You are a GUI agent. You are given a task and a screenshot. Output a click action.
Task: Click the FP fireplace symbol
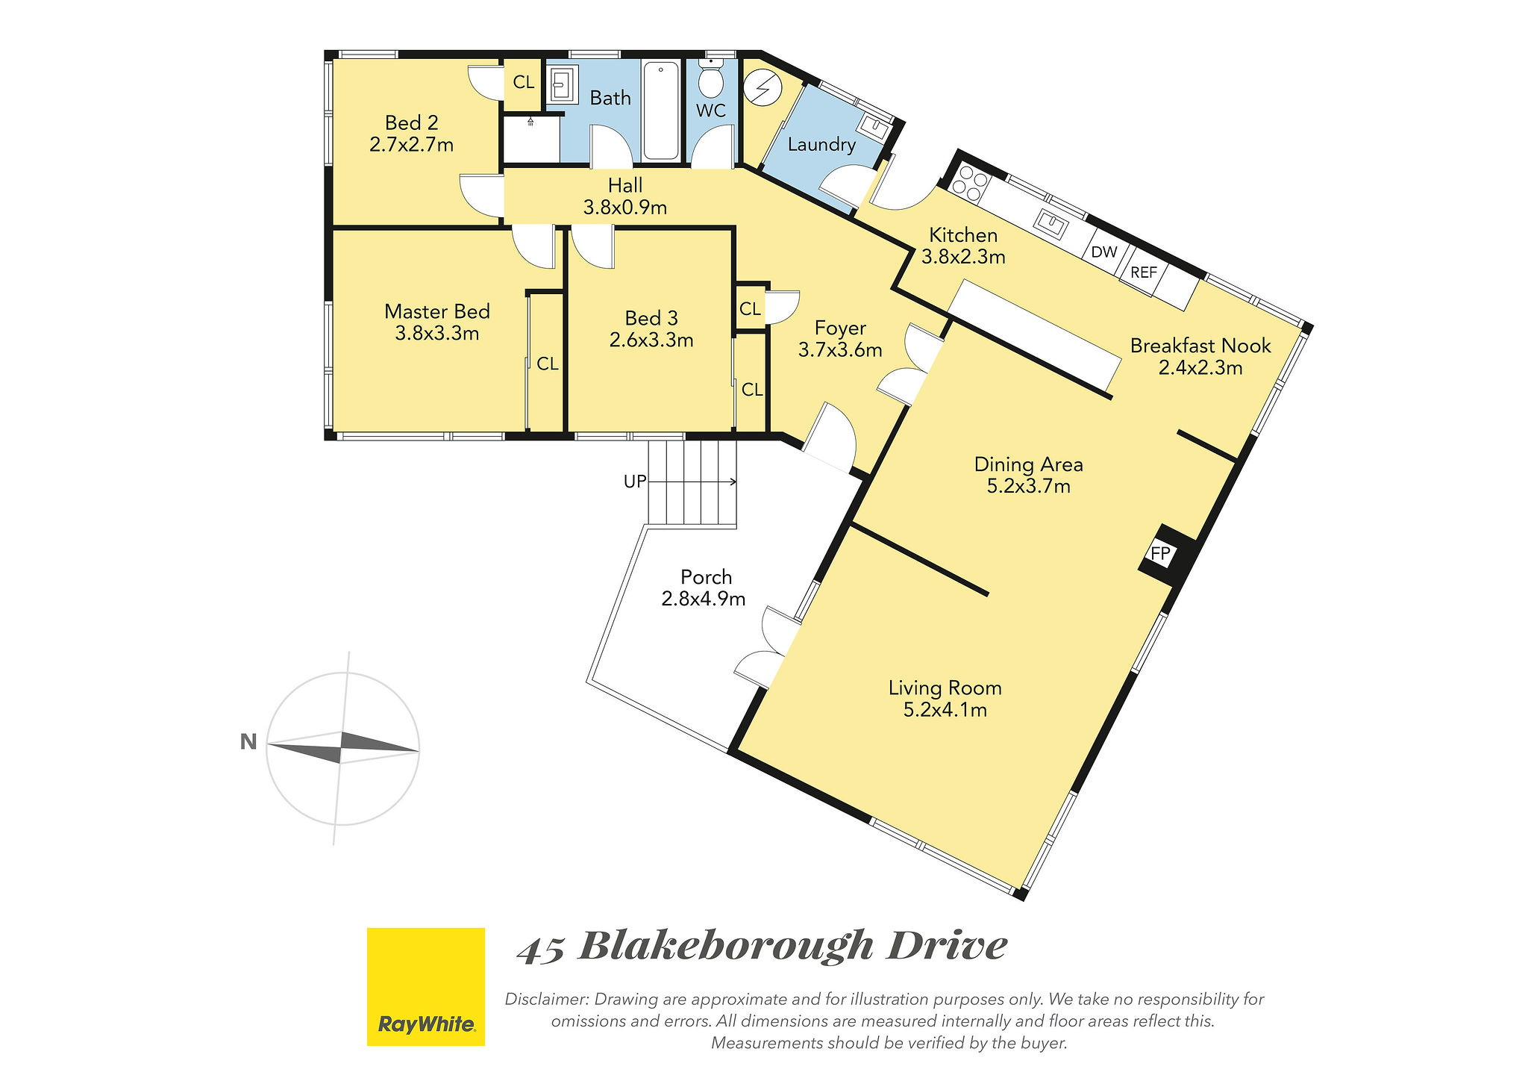point(1160,554)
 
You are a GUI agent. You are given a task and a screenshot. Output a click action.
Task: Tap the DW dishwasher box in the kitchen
point(1104,252)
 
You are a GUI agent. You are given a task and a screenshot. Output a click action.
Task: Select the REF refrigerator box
point(1144,272)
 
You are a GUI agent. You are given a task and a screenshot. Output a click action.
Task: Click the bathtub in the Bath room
point(661,110)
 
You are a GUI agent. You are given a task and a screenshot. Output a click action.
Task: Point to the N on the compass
point(248,742)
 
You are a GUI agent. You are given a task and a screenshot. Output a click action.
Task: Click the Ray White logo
point(426,986)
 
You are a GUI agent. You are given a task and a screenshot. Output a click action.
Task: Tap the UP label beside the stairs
point(635,482)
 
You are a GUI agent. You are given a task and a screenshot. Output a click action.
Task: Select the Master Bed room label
point(437,311)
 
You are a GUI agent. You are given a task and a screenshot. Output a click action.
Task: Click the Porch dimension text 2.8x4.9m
point(704,599)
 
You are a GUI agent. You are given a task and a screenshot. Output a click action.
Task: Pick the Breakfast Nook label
point(1200,346)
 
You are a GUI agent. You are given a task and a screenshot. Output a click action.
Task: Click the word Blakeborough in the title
point(726,946)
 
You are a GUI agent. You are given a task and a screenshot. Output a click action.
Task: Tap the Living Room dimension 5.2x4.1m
point(945,709)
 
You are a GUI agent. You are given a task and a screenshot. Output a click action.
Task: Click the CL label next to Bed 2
point(524,82)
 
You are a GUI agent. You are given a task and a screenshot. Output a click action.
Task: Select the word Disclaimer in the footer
point(548,999)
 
